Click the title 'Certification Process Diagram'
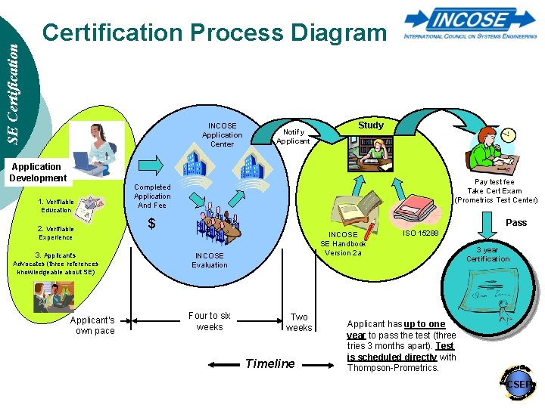coord(214,32)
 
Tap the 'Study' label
coord(371,125)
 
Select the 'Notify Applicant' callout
coord(293,135)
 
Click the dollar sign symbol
coord(151,223)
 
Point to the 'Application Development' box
coord(37,172)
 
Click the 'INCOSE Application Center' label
coord(222,134)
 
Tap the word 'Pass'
coord(516,223)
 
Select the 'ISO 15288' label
coord(421,233)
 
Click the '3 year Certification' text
coord(488,255)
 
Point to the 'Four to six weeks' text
coord(210,321)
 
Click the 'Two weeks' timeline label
coord(299,323)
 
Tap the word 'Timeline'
coord(270,363)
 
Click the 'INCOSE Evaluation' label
coord(210,261)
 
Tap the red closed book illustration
coord(414,206)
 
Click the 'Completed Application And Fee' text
coord(152,196)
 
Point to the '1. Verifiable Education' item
coord(57,206)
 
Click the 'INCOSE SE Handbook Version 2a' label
coord(343,243)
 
